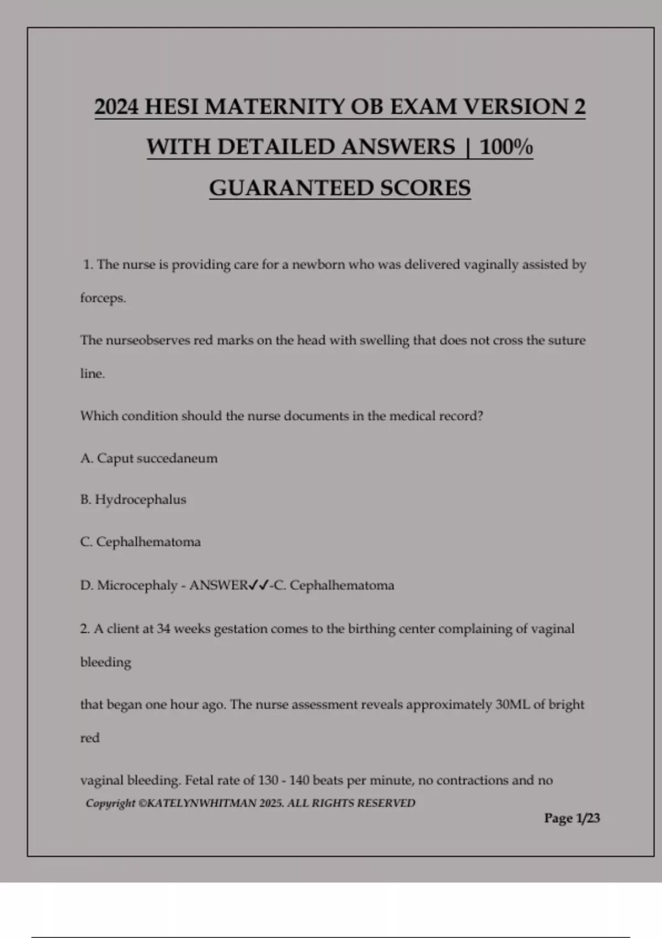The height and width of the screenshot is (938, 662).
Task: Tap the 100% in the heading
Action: [x=506, y=147]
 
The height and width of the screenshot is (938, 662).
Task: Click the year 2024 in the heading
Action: [x=116, y=106]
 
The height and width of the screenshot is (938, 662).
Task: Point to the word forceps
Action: [x=103, y=298]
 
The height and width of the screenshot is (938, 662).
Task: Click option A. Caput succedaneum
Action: [x=149, y=458]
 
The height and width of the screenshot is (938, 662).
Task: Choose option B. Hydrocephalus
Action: [x=133, y=499]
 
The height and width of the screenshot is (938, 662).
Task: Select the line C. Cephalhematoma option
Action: [x=140, y=542]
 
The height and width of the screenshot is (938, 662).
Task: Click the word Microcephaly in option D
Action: [x=137, y=585]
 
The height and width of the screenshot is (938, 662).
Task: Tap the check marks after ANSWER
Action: [x=258, y=585]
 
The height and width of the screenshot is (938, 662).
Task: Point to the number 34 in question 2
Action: [x=163, y=628]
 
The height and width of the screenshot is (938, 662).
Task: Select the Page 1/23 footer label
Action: [x=572, y=818]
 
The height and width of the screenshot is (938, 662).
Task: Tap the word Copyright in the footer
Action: [x=110, y=803]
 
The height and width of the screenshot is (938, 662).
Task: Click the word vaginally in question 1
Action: [x=491, y=264]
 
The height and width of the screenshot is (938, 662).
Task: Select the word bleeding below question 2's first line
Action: [x=105, y=662]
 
